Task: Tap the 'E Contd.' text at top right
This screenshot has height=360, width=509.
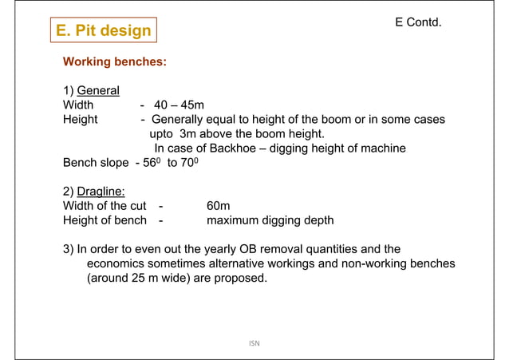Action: (418, 23)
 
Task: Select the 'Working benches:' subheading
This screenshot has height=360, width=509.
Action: (115, 61)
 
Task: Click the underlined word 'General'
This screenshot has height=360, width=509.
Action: (97, 90)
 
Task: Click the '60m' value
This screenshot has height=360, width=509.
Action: (219, 206)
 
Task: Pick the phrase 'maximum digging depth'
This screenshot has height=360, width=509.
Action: (270, 220)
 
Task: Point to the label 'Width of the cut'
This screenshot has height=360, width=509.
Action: (105, 206)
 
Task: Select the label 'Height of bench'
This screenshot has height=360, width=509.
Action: (105, 220)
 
